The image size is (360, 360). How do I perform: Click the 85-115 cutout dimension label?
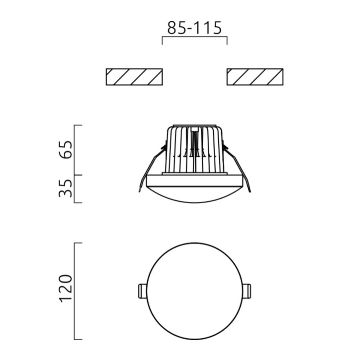click(194, 28)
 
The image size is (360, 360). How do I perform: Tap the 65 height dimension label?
click(65, 150)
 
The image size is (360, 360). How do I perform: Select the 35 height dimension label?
click(65, 188)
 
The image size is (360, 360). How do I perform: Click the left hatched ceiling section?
click(134, 77)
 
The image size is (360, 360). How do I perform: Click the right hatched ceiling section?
click(255, 77)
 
